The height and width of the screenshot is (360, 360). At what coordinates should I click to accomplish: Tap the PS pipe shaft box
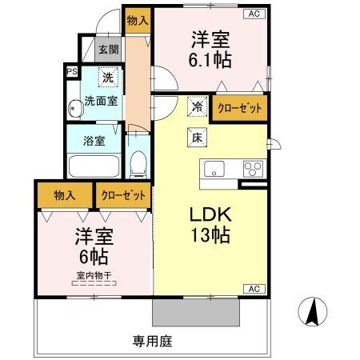[72, 72]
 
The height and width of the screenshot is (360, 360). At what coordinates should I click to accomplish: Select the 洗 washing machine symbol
[106, 78]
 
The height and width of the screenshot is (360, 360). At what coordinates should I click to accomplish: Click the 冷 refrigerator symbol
[196, 105]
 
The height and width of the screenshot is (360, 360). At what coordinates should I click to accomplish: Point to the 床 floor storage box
[196, 137]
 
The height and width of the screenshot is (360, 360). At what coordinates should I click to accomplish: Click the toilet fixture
[138, 164]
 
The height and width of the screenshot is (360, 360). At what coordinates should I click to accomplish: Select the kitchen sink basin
[216, 168]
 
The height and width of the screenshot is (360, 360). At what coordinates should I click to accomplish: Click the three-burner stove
[252, 168]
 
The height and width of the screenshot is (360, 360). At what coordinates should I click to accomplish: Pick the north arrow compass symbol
[315, 309]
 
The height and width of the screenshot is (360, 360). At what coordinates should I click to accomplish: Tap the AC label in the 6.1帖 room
[254, 14]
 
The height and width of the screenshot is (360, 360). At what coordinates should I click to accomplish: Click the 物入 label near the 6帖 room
[65, 194]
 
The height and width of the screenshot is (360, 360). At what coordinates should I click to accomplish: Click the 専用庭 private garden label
[152, 340]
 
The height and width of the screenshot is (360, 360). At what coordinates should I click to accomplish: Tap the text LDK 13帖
[210, 224]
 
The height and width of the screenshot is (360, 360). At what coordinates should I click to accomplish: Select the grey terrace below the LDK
[195, 312]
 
